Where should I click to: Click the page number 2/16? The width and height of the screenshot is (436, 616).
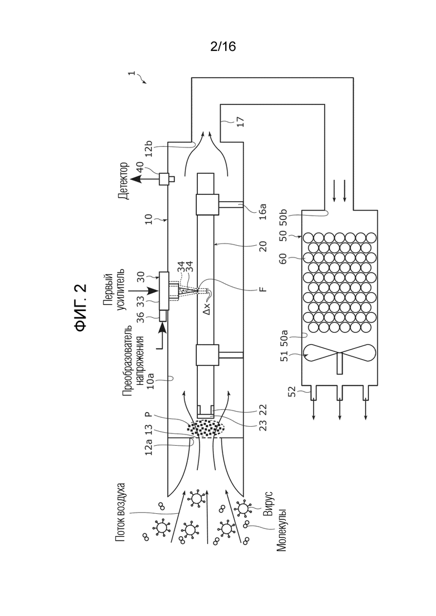[223, 47]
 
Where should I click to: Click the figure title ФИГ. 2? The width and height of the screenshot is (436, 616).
[80, 308]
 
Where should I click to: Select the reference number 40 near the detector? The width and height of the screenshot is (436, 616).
[140, 168]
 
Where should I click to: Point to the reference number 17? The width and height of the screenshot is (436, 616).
[240, 122]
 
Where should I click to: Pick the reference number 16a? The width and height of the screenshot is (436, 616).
[263, 211]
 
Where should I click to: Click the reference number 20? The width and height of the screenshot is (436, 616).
[263, 246]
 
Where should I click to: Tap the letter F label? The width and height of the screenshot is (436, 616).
[263, 289]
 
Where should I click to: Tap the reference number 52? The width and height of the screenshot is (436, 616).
[292, 391]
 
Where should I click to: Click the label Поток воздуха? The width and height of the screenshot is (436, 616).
[121, 512]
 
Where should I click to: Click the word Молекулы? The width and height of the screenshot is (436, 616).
[281, 530]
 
